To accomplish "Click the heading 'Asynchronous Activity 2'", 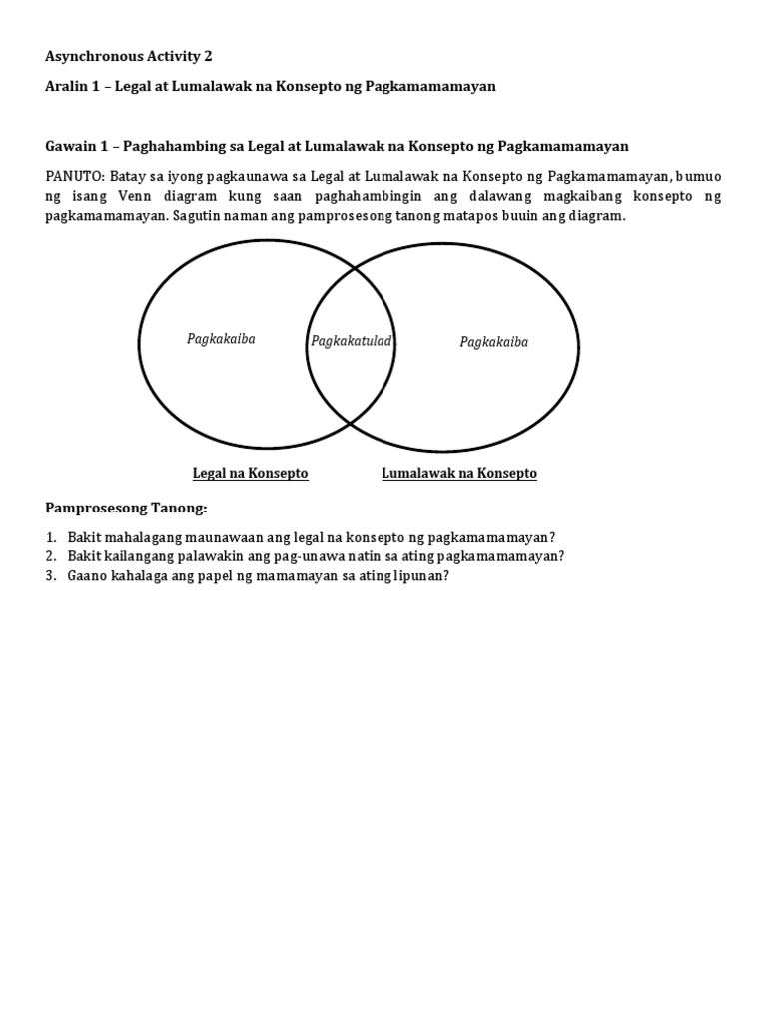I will (129, 56).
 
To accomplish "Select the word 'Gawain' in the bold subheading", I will (72, 147).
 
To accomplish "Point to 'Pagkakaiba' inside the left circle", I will (221, 339).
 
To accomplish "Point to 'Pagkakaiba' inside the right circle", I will (493, 342).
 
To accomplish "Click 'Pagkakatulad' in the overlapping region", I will (351, 342).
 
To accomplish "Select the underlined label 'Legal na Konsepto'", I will (250, 474).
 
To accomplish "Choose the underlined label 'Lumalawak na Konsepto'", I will (459, 474).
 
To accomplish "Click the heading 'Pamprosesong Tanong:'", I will (126, 509).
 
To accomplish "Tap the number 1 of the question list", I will (50, 537).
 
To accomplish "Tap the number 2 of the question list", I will (50, 556).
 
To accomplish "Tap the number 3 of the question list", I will (50, 576).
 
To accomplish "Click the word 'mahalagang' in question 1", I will (139, 537).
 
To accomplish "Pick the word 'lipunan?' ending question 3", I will (423, 576).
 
